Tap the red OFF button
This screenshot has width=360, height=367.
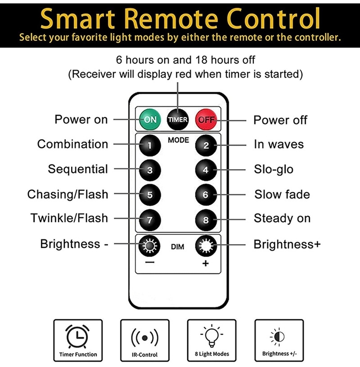click(x=206, y=119)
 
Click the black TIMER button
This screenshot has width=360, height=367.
click(x=178, y=119)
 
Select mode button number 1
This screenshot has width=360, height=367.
click(x=150, y=145)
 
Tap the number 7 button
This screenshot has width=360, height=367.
click(x=150, y=220)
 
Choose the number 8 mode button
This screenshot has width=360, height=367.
click(x=206, y=220)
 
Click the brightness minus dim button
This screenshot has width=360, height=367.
click(x=149, y=247)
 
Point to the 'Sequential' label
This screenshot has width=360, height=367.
click(x=78, y=169)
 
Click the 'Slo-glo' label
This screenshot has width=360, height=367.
click(x=274, y=169)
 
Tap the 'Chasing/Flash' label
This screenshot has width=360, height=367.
click(x=68, y=195)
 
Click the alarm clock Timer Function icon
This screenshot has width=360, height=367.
click(x=78, y=336)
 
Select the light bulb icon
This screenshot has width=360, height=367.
click(x=211, y=336)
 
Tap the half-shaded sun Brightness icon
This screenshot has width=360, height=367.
click(x=278, y=337)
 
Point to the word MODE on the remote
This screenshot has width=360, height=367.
click(x=178, y=140)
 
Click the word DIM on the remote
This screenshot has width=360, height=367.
click(x=178, y=247)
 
